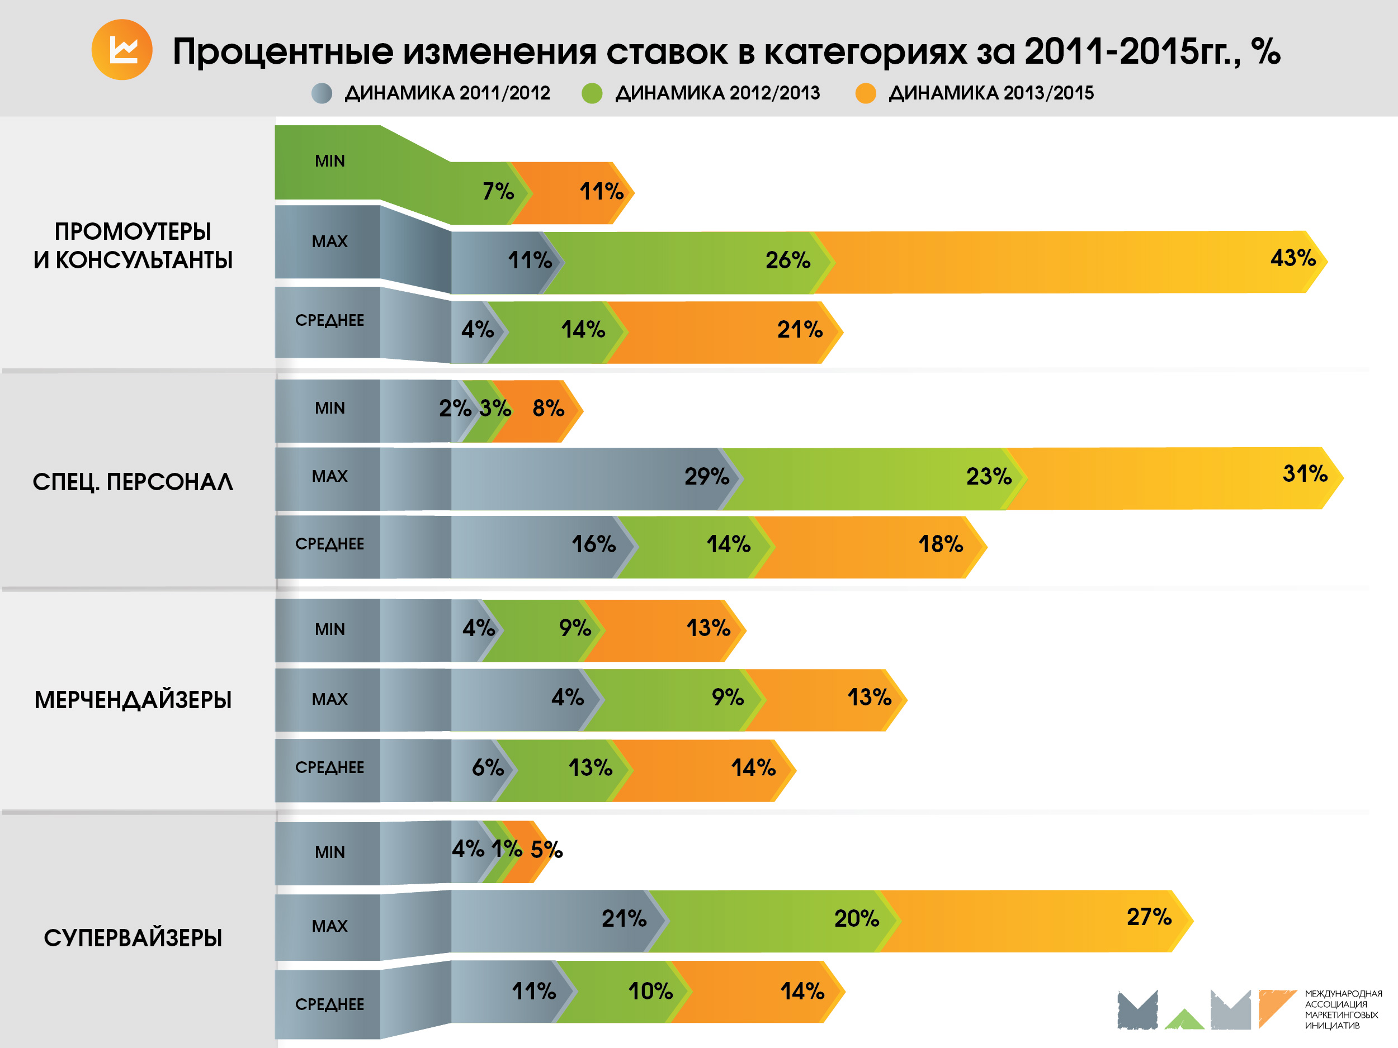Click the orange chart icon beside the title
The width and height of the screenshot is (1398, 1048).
[122, 50]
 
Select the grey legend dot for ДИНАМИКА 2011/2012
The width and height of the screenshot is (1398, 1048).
[322, 93]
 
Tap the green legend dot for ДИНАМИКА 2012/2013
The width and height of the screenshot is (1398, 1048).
[592, 93]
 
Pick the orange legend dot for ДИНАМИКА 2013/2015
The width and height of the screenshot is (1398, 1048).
[865, 93]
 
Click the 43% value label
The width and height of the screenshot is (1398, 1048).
[1292, 258]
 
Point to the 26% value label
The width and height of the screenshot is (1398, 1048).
[787, 260]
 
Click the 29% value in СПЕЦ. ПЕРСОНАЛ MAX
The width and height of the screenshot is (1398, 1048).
[707, 476]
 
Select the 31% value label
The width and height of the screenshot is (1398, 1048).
[1305, 473]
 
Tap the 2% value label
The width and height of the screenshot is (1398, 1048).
[455, 408]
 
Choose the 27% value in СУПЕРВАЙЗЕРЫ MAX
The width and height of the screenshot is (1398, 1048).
[1149, 917]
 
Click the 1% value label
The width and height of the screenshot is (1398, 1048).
[507, 848]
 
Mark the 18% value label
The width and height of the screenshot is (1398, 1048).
[941, 544]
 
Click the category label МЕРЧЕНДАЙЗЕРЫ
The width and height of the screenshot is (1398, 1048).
[133, 700]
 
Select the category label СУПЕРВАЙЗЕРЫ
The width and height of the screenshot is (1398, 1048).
[133, 938]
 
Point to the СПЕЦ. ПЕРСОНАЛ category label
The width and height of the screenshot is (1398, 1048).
[133, 482]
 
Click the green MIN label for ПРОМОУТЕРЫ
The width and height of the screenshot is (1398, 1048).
[329, 161]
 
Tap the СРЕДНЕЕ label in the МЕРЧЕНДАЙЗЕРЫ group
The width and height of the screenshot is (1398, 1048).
[329, 767]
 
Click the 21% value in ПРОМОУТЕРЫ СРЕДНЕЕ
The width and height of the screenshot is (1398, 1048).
[800, 329]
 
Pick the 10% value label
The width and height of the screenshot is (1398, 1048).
[650, 991]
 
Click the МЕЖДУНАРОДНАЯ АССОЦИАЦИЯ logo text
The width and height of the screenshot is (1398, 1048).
[1343, 1009]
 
